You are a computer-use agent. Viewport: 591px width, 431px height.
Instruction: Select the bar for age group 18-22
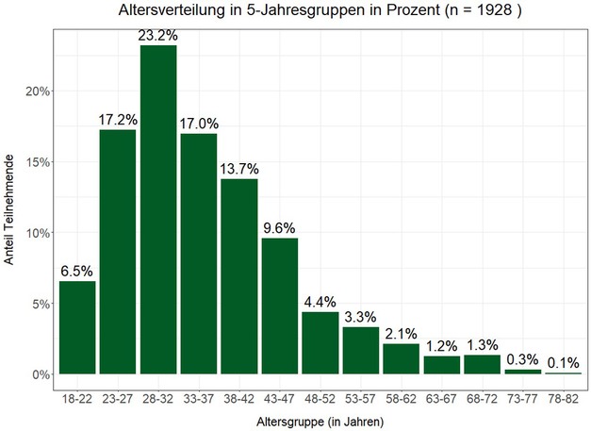click(77, 327)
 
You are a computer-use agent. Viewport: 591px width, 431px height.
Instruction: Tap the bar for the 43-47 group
click(280, 306)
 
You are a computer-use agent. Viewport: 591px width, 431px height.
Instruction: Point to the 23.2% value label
click(158, 36)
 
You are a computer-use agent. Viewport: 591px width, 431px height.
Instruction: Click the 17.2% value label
click(118, 120)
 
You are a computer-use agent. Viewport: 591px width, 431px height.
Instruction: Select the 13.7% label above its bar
click(239, 169)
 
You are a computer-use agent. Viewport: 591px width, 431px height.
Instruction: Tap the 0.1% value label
click(563, 363)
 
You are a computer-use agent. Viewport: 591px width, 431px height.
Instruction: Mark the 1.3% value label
click(482, 346)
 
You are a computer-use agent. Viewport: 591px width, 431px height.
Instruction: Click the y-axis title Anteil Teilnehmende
click(11, 209)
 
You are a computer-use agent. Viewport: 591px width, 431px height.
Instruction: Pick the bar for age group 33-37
click(199, 254)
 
